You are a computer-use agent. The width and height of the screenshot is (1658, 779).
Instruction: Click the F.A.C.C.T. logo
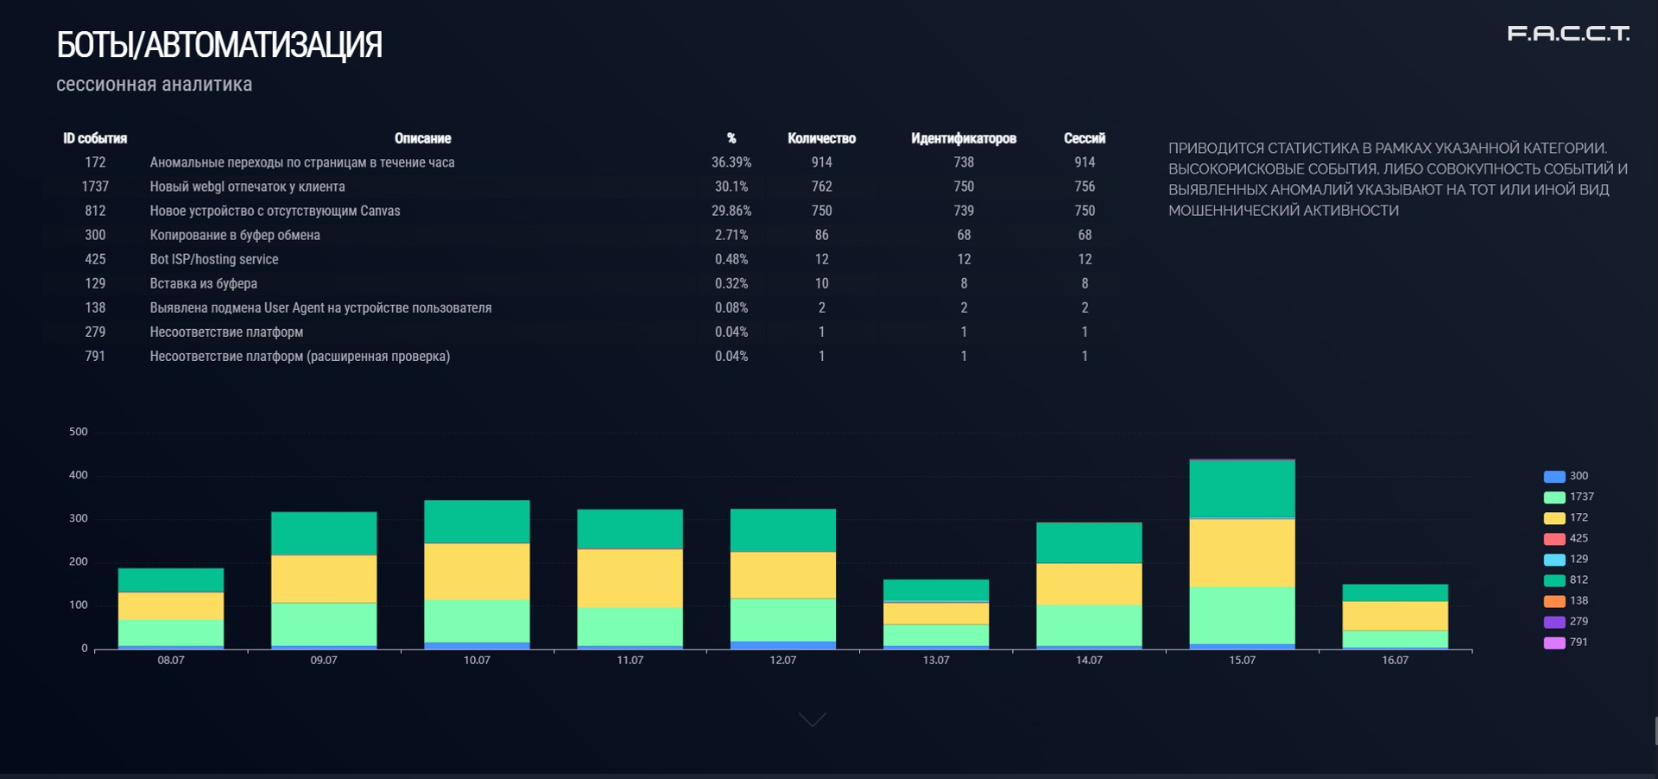click(1568, 34)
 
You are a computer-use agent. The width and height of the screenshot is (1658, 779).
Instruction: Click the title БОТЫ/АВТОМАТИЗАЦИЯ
click(219, 45)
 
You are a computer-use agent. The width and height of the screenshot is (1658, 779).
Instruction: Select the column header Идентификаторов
click(963, 138)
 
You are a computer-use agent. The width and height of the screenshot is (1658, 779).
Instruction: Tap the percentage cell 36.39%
click(731, 162)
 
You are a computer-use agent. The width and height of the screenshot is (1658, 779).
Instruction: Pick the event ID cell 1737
click(95, 187)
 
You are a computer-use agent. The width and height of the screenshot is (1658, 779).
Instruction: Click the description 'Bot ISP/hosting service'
click(214, 259)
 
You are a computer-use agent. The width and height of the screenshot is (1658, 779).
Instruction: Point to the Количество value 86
click(821, 235)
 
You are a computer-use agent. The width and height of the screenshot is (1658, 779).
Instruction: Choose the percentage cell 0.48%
click(731, 259)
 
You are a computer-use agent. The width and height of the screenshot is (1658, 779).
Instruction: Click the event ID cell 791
click(95, 356)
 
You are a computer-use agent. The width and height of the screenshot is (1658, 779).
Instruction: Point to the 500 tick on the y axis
click(79, 432)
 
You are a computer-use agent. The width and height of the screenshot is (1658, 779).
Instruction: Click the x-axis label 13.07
click(936, 660)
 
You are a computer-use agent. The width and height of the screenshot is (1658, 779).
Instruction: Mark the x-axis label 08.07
click(171, 660)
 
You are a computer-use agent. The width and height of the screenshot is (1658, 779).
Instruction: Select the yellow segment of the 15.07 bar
click(1242, 553)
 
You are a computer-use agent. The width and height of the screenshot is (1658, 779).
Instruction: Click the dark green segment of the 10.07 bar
click(477, 522)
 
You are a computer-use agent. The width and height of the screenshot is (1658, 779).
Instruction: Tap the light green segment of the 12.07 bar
click(783, 619)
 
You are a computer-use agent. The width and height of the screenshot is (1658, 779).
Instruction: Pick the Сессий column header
click(1084, 138)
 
